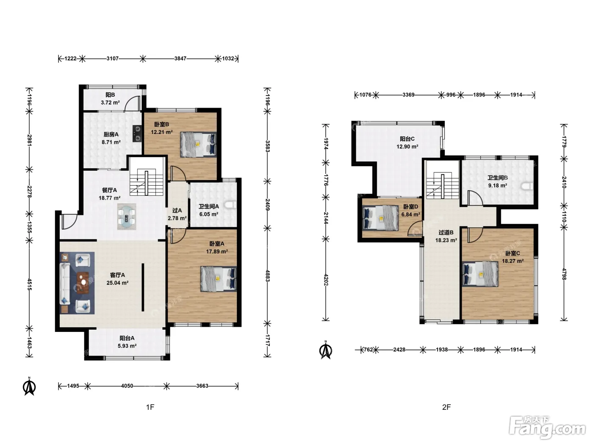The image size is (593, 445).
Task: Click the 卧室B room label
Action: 161,124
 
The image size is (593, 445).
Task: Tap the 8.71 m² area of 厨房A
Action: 111,142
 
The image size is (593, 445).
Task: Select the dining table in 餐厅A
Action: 126,217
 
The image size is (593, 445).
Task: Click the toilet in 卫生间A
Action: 231,205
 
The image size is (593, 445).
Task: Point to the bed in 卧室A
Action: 218,279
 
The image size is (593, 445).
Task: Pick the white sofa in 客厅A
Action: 64,285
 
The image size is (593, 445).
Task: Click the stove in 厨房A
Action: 137,133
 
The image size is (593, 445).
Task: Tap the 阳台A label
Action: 127,338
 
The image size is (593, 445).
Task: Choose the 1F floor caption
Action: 150,407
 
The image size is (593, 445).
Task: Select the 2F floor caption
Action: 446,407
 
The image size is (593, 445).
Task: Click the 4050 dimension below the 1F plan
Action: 127,386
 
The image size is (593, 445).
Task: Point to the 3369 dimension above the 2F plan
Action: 408,95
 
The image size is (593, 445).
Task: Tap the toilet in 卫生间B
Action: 527,186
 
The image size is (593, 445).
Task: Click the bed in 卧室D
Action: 380,218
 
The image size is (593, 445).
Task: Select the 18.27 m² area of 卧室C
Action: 513,261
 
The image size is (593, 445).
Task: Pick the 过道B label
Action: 446,232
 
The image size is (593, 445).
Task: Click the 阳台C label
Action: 407,139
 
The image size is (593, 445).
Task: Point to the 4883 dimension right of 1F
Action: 267,275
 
